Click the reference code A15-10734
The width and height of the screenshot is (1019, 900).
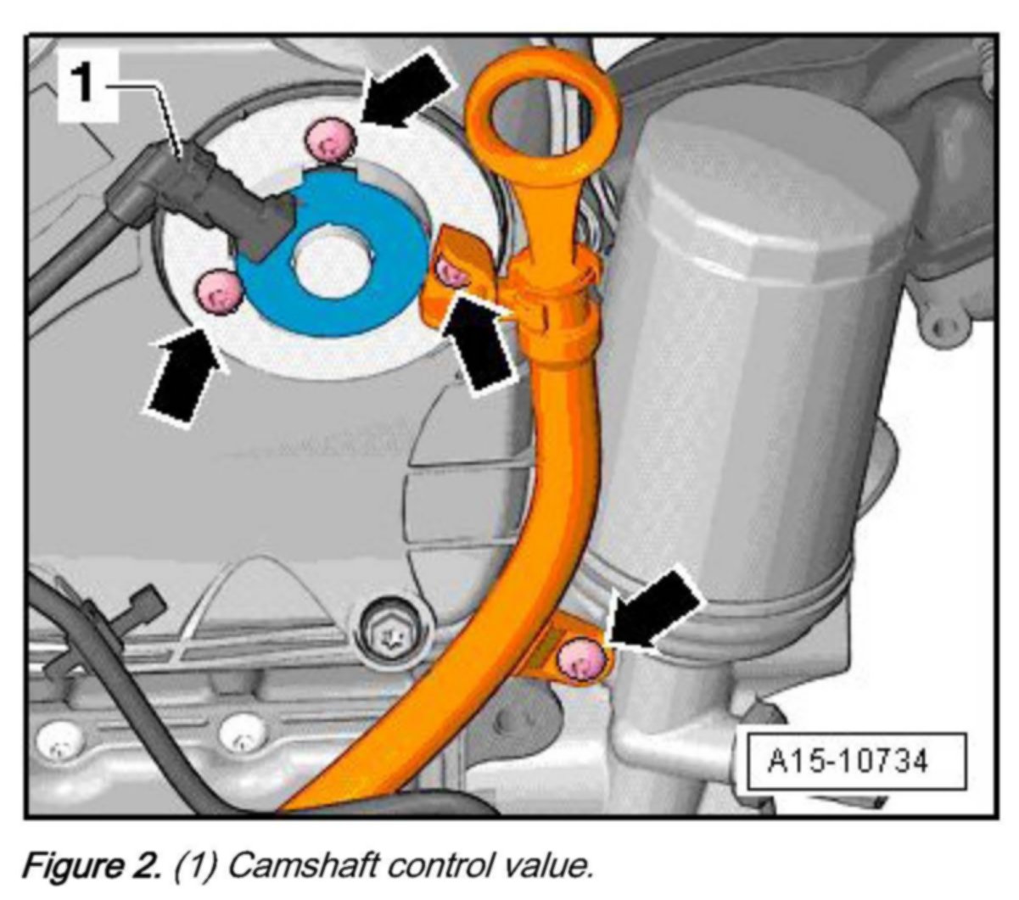pyautogui.click(x=848, y=760)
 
